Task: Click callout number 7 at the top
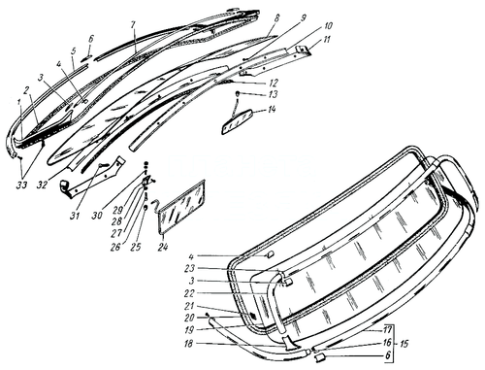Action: (x=133, y=20)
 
